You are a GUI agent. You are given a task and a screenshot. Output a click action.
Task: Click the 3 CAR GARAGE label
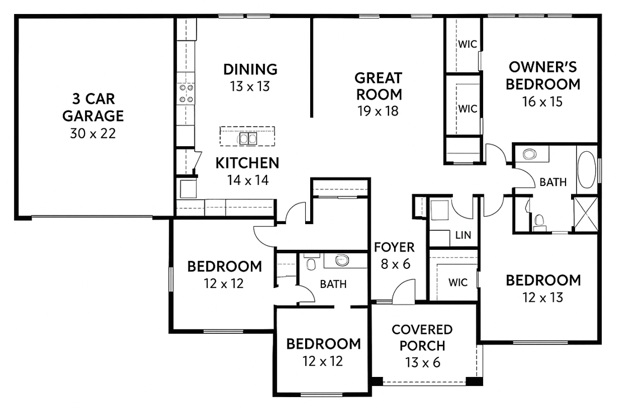coord(93,107)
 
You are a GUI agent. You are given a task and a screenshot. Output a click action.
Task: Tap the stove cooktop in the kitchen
coord(186,93)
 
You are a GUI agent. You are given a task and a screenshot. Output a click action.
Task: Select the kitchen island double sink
coord(247,139)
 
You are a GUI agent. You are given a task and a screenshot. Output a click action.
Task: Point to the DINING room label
coord(250,69)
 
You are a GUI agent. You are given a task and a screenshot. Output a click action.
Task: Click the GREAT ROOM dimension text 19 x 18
coord(378,111)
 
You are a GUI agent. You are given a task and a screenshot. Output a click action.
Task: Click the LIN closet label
coord(463,235)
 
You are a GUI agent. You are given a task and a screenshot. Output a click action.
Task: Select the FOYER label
coord(394,247)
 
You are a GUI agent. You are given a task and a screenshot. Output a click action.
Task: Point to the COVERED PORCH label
coord(422,338)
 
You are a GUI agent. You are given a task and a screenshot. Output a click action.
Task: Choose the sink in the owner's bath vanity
coord(530,154)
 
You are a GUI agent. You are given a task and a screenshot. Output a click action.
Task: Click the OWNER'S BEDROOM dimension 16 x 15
coord(542,102)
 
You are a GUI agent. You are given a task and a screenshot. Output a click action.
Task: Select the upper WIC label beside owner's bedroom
coord(467,44)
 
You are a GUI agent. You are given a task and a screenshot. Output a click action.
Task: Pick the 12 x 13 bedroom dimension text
coord(543,297)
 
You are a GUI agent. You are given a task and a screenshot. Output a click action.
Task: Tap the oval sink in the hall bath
coord(342,260)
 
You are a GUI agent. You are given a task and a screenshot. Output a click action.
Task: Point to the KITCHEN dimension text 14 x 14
coord(247,180)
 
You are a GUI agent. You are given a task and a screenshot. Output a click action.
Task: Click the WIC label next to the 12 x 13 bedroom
coord(458,282)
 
